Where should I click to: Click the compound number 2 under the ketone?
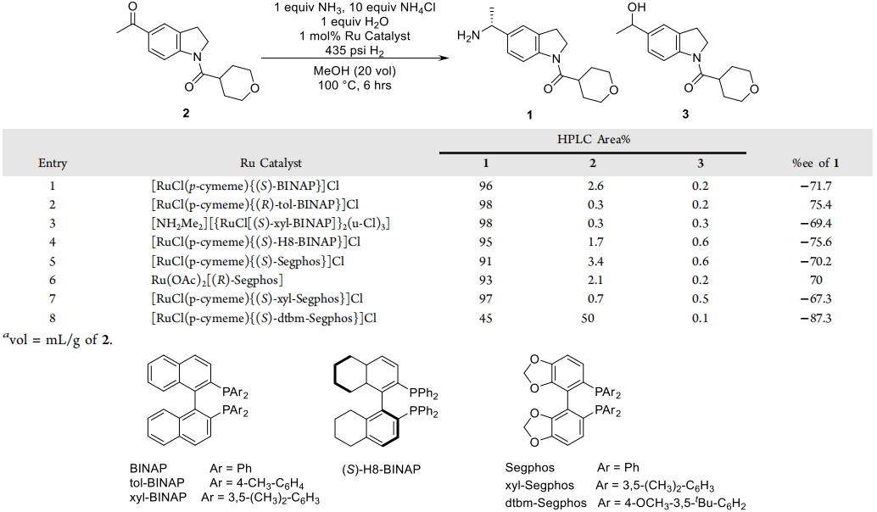pyautogui.click(x=186, y=114)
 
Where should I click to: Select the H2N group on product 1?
pyautogui.click(x=468, y=35)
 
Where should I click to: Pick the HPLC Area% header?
pyautogui.click(x=593, y=138)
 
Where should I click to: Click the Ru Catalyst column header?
pyautogui.click(x=271, y=163)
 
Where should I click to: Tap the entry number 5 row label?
pyautogui.click(x=53, y=260)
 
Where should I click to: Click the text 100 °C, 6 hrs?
pyautogui.click(x=354, y=85)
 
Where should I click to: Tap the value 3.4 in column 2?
pyautogui.click(x=593, y=260)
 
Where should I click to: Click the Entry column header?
pyautogui.click(x=53, y=163)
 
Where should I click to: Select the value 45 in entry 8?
pyautogui.click(x=485, y=318)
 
